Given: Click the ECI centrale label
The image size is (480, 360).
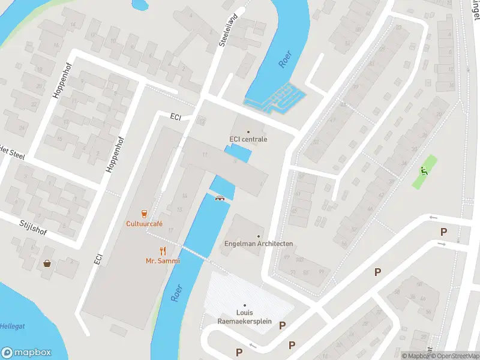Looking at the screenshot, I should click(x=248, y=139).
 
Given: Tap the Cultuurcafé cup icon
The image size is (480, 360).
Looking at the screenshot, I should click(x=144, y=213).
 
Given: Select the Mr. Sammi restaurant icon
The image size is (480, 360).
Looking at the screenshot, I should click(x=163, y=251).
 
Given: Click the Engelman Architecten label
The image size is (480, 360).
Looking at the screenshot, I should click(x=258, y=244).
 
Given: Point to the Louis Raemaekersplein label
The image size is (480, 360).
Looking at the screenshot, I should click(x=244, y=317).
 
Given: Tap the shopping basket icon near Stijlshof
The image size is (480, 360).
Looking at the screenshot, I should click(x=47, y=263).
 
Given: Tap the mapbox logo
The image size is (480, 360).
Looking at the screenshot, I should click(x=26, y=353).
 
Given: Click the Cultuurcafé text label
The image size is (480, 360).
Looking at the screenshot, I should click(x=144, y=224).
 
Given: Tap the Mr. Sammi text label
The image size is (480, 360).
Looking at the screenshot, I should click(x=163, y=261).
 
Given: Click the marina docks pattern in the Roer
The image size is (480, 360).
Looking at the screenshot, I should click(x=275, y=98).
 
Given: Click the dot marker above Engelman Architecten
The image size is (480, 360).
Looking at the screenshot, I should click(x=259, y=236).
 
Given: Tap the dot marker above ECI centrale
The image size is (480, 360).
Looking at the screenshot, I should click(x=248, y=131).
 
